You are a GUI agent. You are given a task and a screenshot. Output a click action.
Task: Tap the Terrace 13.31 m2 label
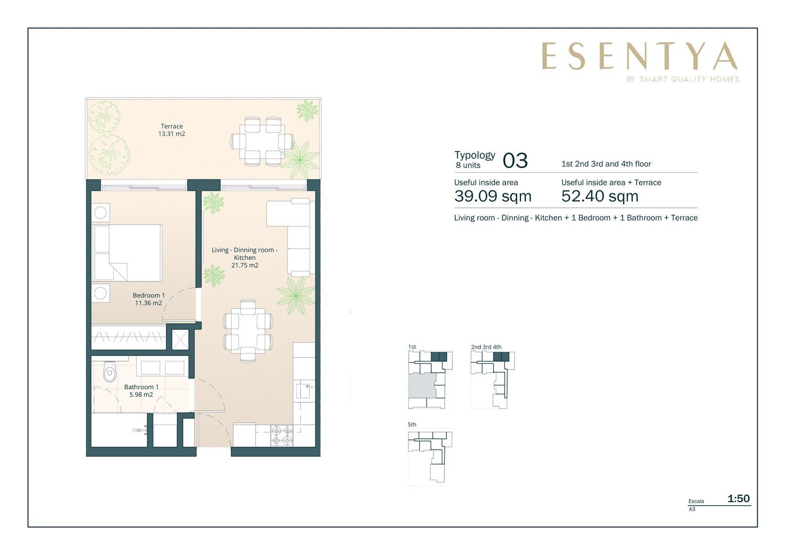tap(171, 130)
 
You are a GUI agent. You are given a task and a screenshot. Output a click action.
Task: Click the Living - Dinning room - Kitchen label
tap(245, 257)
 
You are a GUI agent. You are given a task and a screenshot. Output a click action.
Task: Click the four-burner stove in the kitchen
tap(282, 435)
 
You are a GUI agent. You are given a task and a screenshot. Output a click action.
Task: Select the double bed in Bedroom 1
tap(127, 253)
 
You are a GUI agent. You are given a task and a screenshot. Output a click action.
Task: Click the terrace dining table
tap(262, 141)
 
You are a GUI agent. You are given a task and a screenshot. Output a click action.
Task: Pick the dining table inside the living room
tap(248, 330)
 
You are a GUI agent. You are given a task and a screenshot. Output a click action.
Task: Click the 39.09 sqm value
tap(493, 196)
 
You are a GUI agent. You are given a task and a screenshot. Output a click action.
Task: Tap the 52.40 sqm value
tap(599, 196)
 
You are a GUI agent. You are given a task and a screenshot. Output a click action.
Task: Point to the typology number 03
tap(515, 161)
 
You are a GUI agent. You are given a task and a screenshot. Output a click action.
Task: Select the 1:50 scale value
tap(739, 498)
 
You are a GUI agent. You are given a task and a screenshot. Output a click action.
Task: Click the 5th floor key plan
tap(430, 457)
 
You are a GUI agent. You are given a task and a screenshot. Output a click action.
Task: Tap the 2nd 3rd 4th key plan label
tap(486, 347)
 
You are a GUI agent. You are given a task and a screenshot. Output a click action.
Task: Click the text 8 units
tap(468, 165)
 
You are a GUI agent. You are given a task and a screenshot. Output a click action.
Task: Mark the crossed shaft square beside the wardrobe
tap(180, 339)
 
